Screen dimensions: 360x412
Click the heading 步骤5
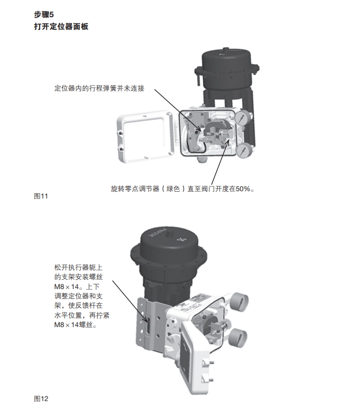click(x=44, y=15)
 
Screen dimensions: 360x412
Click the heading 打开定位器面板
click(x=61, y=27)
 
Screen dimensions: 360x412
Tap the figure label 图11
click(x=41, y=196)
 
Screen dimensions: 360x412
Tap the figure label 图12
click(x=41, y=398)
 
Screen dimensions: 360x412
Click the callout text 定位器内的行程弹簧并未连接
click(x=100, y=89)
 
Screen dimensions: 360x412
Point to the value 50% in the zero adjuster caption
click(x=243, y=189)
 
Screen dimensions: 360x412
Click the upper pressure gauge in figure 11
click(x=243, y=118)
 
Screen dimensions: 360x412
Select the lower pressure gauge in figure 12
click(x=238, y=338)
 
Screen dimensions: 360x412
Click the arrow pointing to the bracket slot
click(x=130, y=302)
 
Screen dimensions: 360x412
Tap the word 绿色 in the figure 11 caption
click(x=173, y=189)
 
